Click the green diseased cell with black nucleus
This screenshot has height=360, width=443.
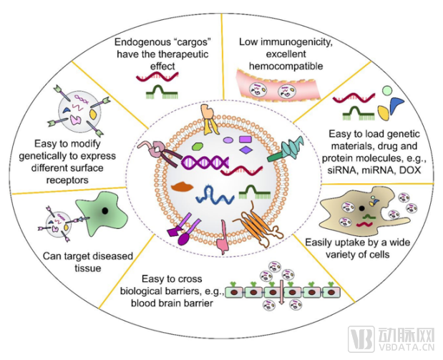[x=94, y=213]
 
